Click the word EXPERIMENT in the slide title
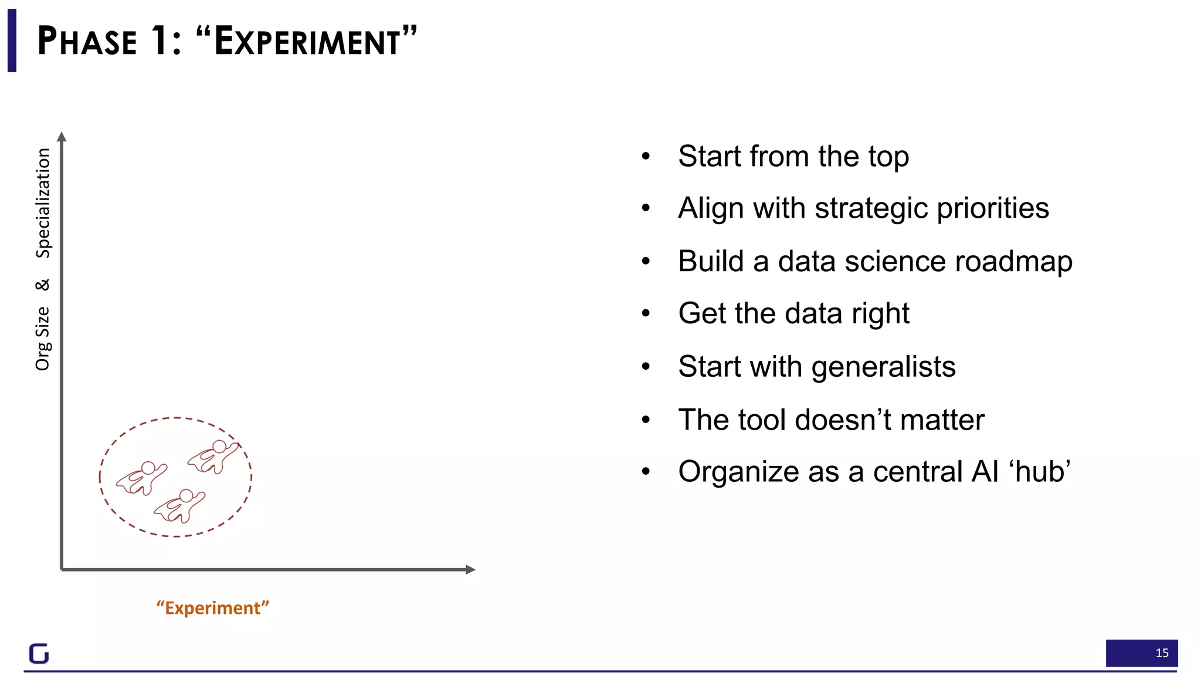click(307, 42)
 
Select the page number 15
click(1162, 653)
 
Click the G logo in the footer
click(39, 653)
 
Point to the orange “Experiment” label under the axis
click(213, 607)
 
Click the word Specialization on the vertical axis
click(43, 203)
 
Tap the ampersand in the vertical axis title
click(43, 285)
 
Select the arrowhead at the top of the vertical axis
click(62, 137)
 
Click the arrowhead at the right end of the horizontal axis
click(470, 569)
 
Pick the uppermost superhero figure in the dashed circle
click(214, 456)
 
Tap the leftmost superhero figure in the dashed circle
click(141, 476)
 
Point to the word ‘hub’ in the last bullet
click(1039, 471)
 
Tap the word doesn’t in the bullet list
click(843, 420)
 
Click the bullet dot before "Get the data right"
click(646, 313)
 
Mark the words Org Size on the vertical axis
click(43, 339)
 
